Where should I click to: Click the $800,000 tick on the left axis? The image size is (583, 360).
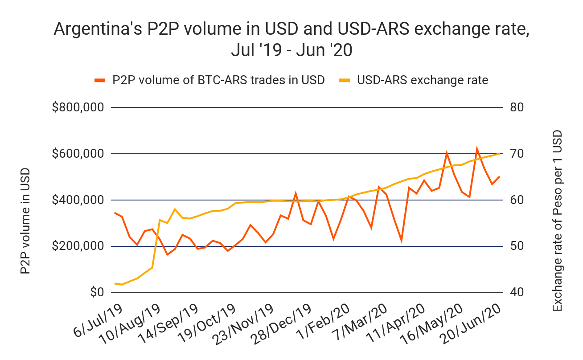[78, 107]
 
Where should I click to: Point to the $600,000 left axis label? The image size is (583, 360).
[78, 154]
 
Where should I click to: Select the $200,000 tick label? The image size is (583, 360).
[78, 246]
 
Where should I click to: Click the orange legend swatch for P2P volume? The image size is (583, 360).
[100, 81]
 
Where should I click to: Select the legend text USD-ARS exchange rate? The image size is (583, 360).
[423, 80]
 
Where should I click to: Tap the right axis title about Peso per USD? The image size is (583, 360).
[557, 221]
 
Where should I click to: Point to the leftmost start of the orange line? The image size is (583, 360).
[115, 213]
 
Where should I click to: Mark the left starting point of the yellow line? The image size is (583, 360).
[115, 283]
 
